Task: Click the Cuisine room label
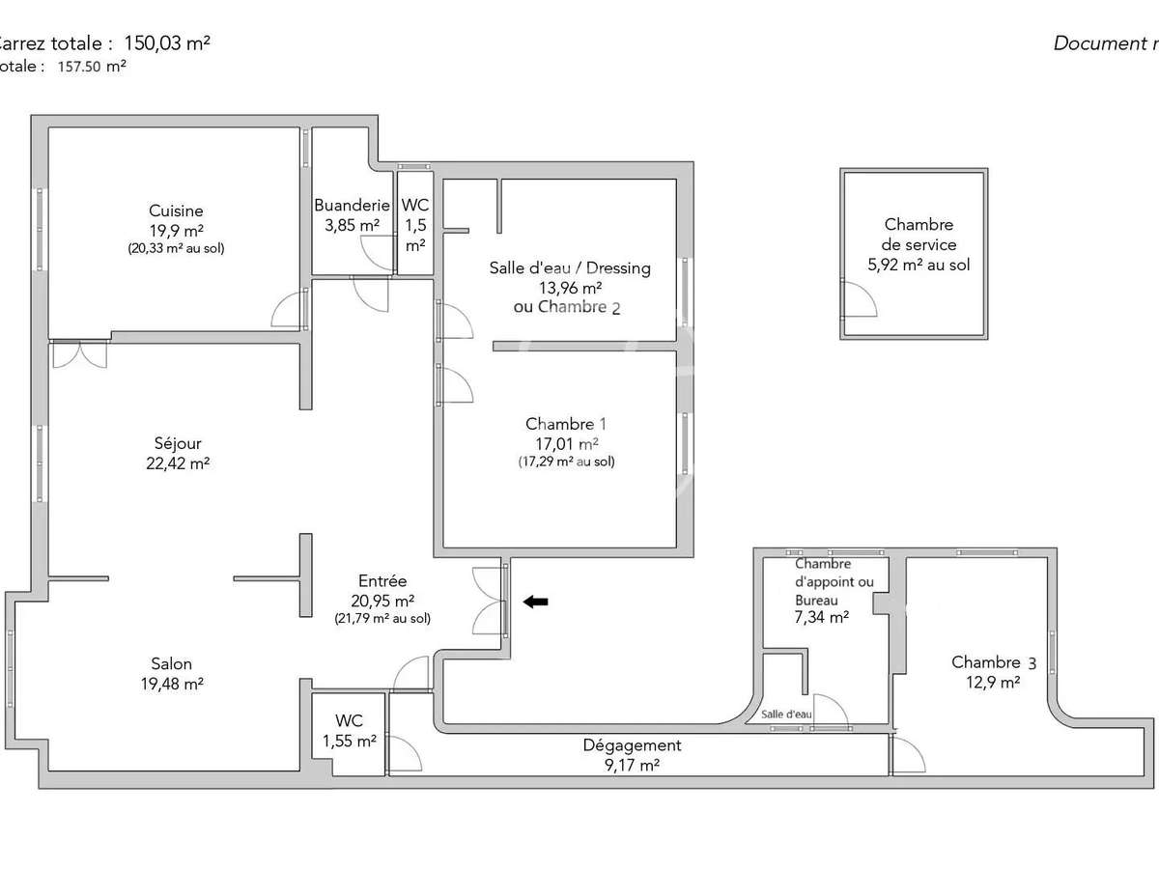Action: pyautogui.click(x=176, y=211)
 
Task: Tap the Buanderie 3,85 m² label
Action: pyautogui.click(x=352, y=214)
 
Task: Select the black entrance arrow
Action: pyautogui.click(x=535, y=602)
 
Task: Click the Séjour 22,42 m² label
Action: pyautogui.click(x=177, y=453)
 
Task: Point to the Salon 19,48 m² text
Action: pyautogui.click(x=171, y=673)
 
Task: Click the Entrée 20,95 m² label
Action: pyautogui.click(x=382, y=590)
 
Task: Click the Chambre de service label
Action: pyautogui.click(x=919, y=244)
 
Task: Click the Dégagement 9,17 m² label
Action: pyautogui.click(x=632, y=754)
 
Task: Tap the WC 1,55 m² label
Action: pyautogui.click(x=349, y=731)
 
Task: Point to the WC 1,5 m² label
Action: pyautogui.click(x=415, y=224)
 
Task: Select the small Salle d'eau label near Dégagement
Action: pyautogui.click(x=786, y=714)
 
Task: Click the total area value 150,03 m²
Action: pyautogui.click(x=168, y=42)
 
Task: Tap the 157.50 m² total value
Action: pyautogui.click(x=92, y=67)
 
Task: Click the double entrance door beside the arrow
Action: pyautogui.click(x=490, y=602)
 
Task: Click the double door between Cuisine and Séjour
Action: pyautogui.click(x=79, y=354)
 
